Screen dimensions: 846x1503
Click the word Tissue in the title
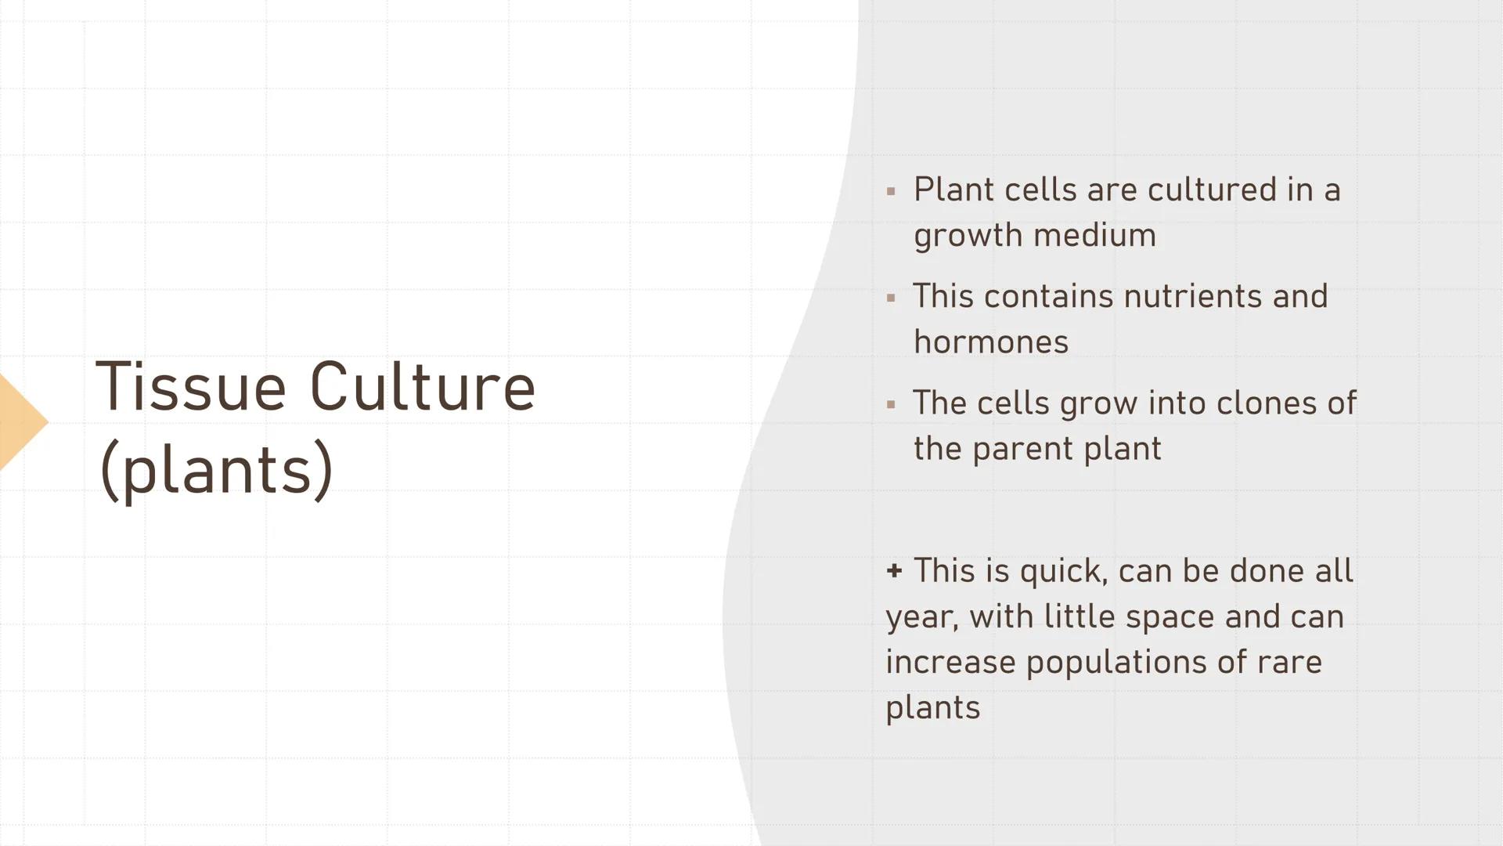190,387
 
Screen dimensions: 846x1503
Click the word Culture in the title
422,387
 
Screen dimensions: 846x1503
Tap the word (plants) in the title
216,470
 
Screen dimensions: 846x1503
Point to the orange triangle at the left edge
20,422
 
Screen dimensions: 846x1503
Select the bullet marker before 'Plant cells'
891,191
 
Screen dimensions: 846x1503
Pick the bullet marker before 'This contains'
891,298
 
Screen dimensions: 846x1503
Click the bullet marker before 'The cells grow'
891,405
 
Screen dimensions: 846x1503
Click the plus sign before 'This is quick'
894,570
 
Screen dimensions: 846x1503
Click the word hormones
990,342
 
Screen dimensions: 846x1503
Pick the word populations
1116,663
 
